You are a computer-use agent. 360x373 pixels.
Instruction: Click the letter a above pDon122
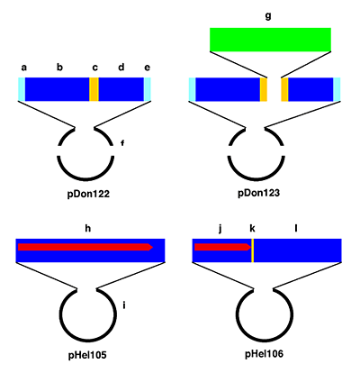[23, 67]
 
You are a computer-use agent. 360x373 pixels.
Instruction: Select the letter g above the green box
[268, 16]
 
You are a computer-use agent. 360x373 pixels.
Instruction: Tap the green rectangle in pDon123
[270, 40]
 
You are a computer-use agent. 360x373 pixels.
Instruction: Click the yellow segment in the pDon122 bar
[94, 89]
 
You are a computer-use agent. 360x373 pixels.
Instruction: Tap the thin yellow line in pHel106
[253, 250]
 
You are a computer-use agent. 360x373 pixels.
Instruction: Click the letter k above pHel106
[253, 230]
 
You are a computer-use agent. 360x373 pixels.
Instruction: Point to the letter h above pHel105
[87, 229]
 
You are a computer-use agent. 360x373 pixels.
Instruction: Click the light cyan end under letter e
[148, 89]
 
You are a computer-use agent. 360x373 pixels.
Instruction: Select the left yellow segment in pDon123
[264, 89]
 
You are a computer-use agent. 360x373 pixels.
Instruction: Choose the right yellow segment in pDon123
[284, 89]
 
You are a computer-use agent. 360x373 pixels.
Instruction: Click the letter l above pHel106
[297, 230]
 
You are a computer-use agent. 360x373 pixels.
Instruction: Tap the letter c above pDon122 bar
[94, 67]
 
